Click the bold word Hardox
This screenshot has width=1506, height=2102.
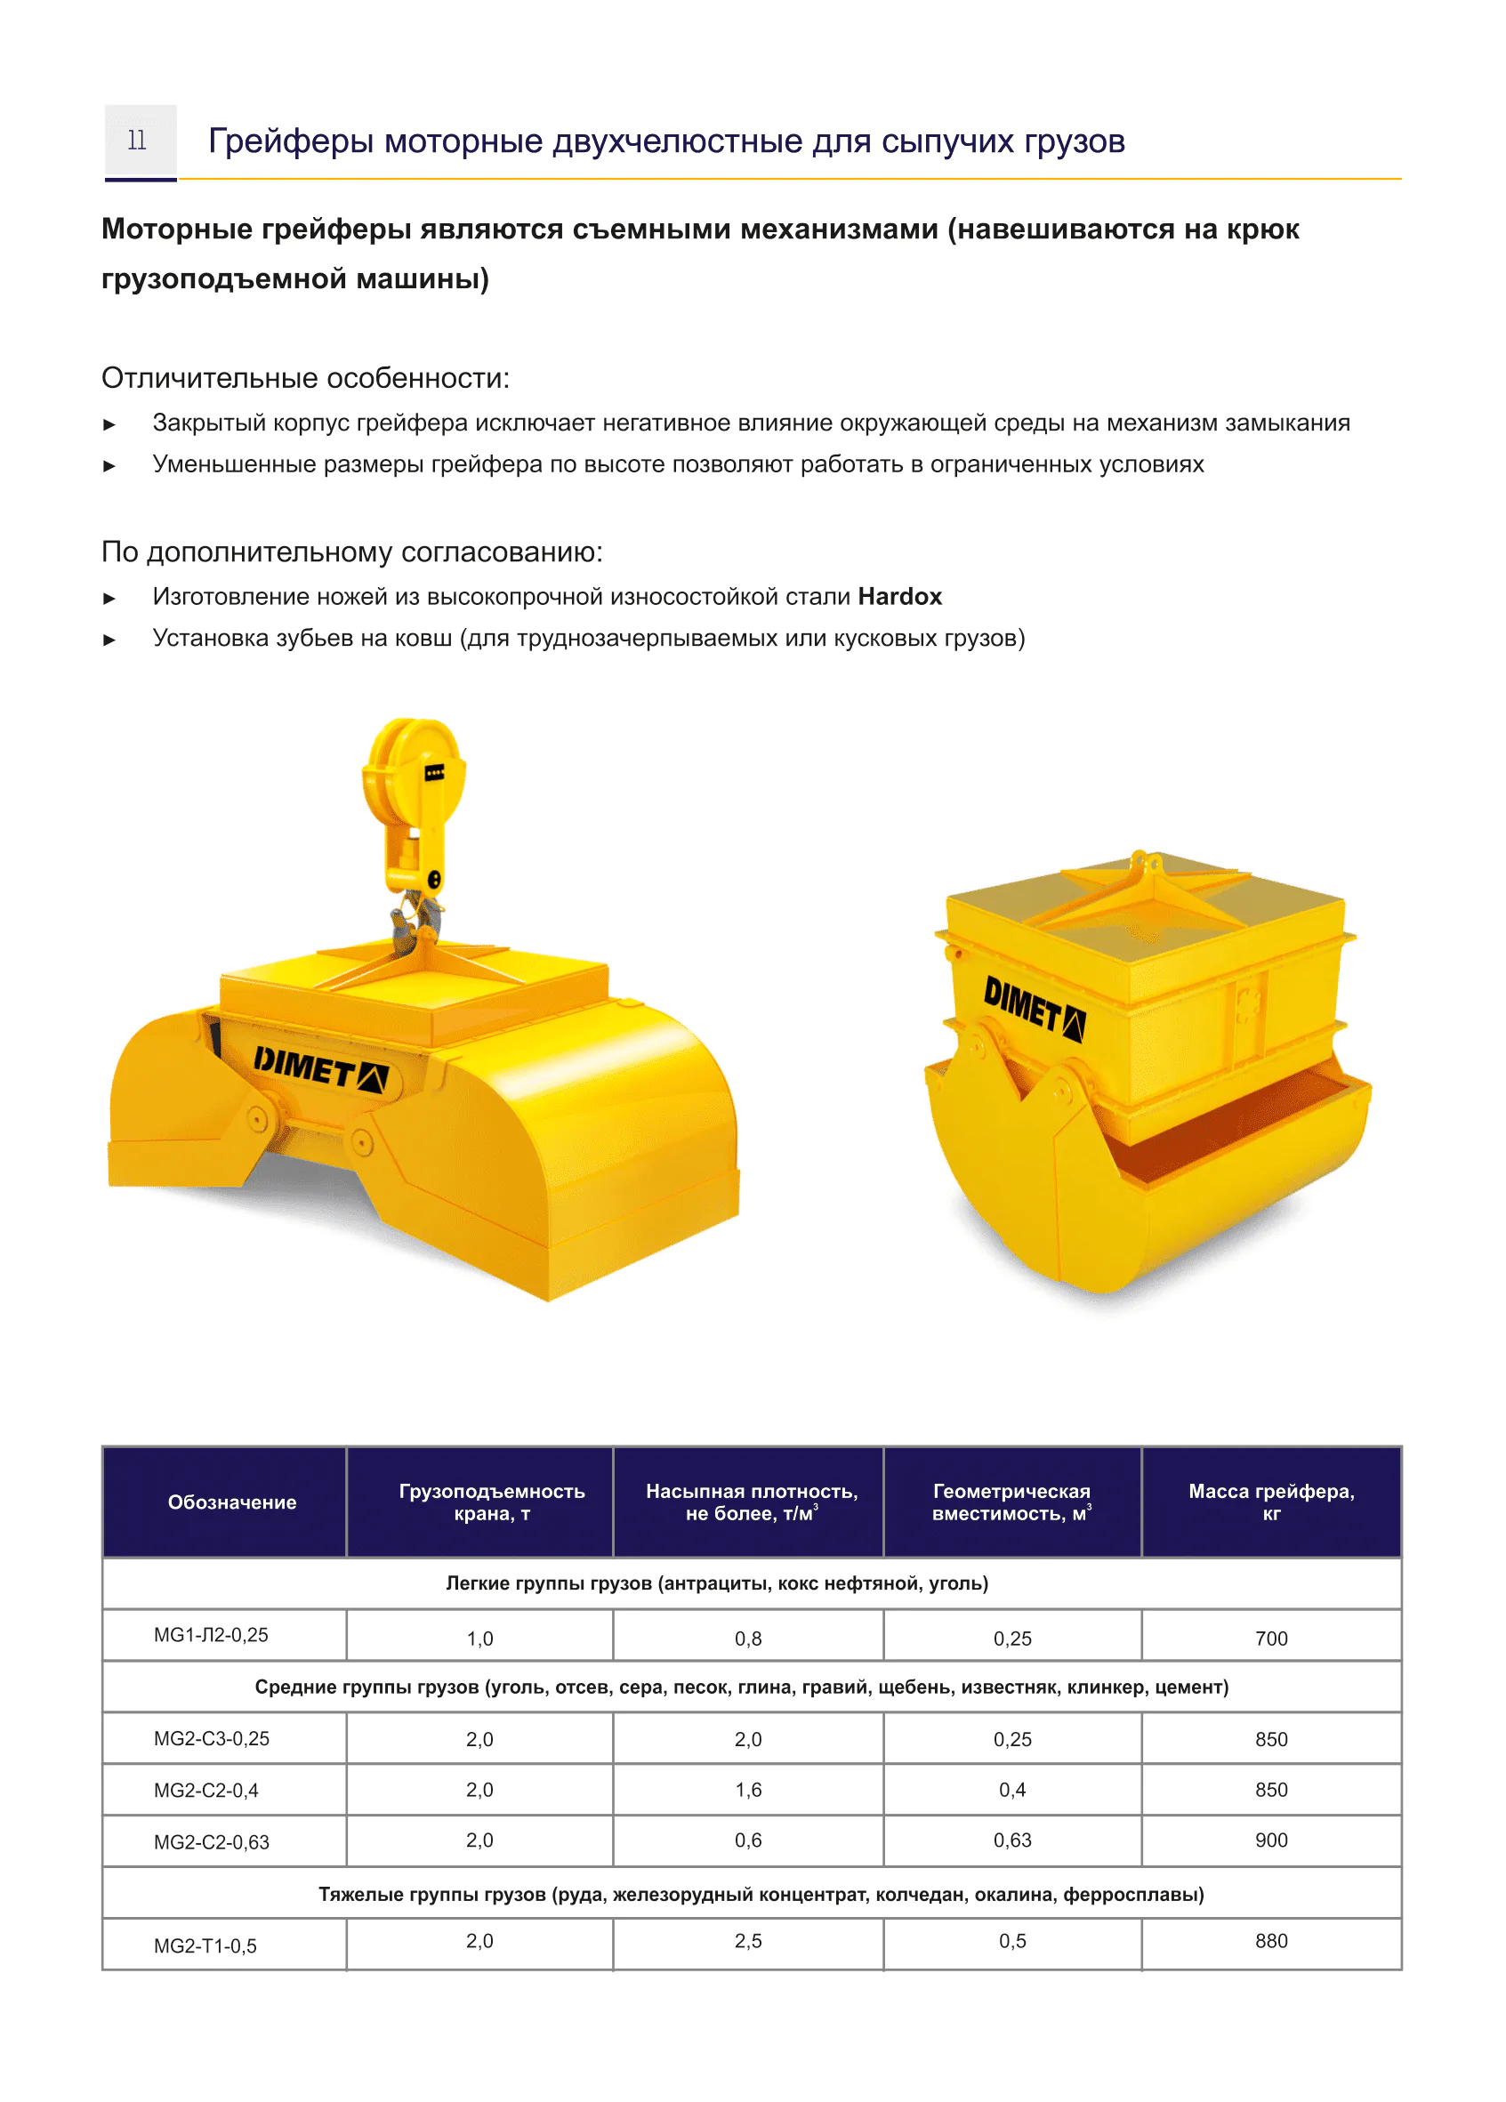click(898, 596)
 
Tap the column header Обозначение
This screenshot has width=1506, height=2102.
click(231, 1502)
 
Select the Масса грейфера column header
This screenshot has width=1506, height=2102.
click(1270, 1502)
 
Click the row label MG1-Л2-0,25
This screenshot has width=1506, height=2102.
click(212, 1635)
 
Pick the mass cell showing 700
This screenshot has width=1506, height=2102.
click(1270, 1639)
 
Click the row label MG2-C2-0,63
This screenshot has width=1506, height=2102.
click(212, 1842)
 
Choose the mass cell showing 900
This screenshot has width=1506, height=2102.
click(1270, 1840)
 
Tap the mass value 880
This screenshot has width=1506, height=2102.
click(1270, 1941)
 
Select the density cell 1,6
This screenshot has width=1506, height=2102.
click(748, 1790)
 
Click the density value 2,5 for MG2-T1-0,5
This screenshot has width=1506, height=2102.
click(748, 1941)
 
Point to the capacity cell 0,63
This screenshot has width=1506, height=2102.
click(1012, 1840)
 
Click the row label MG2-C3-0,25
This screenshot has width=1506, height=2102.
click(212, 1739)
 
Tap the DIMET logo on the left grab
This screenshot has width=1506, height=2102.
click(319, 1069)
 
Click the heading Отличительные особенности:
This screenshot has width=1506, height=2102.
click(305, 377)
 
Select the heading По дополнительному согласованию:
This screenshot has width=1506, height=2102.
click(351, 552)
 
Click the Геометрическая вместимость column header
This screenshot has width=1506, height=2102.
click(1011, 1502)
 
